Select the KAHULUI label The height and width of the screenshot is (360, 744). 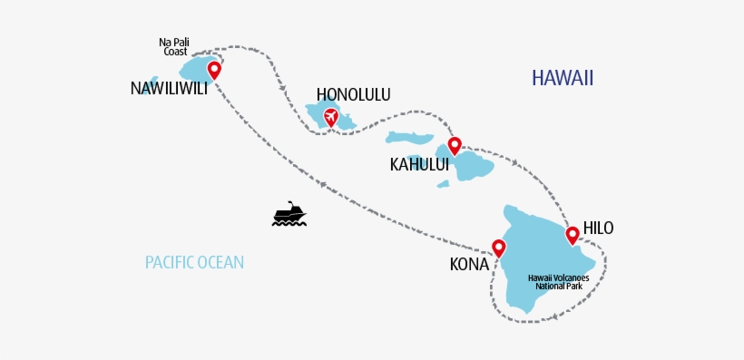coord(419,164)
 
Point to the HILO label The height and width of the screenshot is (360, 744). coord(598,228)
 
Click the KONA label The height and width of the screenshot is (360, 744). coord(469,265)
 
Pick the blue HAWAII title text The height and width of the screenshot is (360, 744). coord(563,78)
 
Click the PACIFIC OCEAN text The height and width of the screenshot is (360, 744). coord(194,263)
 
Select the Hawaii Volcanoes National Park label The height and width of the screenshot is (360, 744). coord(558,281)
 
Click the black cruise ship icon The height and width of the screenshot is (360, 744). coord(289,214)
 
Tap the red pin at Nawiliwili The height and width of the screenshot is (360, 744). coord(214,69)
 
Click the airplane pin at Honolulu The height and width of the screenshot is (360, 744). coord(330,117)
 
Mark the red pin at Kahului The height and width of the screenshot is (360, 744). coord(455,144)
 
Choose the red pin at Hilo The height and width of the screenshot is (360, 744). coord(573,236)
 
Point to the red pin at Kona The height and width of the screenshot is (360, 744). coord(498,247)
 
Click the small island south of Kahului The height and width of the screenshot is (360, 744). coord(443,184)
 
